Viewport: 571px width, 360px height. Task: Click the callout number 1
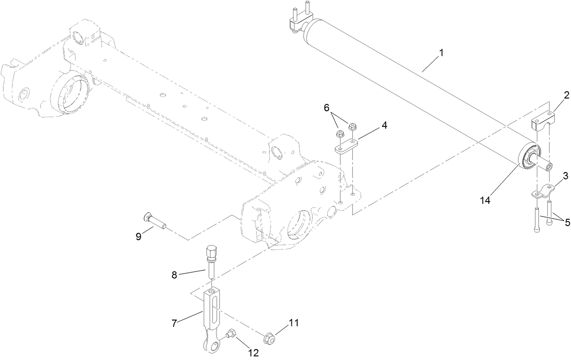click(440, 53)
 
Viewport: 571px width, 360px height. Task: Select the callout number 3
click(566, 175)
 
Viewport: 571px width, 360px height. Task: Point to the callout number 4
click(384, 125)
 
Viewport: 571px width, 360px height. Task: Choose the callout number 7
click(174, 323)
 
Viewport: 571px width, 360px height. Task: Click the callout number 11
click(294, 323)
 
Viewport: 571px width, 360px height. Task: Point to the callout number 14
click(485, 200)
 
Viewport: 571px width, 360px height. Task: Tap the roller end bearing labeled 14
click(528, 158)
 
